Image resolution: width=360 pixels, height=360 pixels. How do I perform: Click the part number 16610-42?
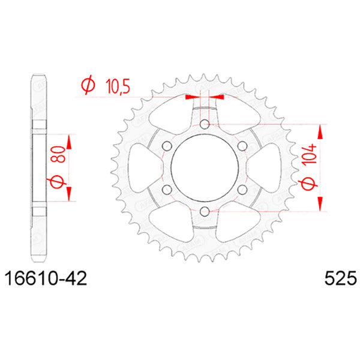46,279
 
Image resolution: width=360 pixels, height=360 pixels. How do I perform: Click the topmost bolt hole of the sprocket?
204,124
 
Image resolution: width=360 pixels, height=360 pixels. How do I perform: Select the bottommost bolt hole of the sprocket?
204,211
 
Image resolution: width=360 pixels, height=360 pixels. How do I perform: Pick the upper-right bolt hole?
242,146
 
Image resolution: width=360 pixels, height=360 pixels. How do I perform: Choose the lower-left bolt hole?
167,190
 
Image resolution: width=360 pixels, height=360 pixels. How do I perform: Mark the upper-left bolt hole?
167,146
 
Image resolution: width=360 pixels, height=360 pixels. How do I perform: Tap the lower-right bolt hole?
242,190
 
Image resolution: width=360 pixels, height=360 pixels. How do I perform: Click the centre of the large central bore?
204,168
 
